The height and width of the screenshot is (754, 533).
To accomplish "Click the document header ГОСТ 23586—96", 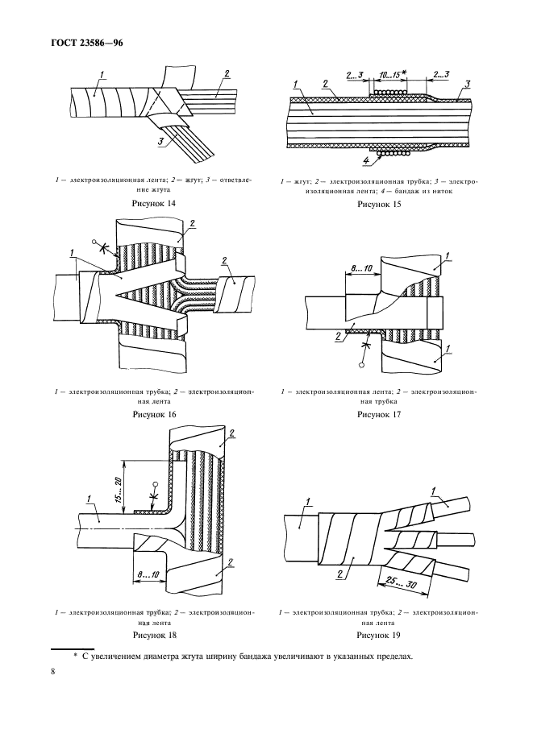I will [86, 43].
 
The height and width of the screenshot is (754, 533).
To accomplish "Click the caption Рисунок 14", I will [153, 204].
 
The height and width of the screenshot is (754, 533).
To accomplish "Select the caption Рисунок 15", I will [378, 204].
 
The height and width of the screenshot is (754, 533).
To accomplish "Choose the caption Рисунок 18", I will [153, 634].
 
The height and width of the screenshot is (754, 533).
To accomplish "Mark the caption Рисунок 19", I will [378, 634].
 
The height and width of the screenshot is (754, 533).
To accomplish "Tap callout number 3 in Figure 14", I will [162, 142].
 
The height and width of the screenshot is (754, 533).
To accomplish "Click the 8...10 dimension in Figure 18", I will [148, 575].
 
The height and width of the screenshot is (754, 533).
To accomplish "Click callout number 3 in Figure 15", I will [467, 83].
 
